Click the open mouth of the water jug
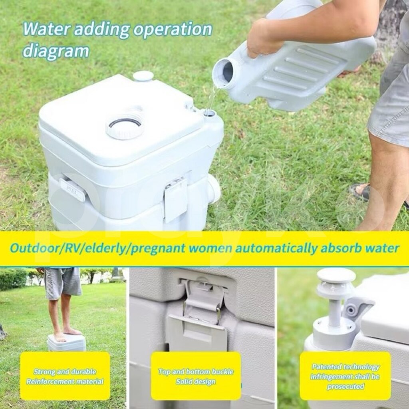[223, 72]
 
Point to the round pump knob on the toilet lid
[143, 76]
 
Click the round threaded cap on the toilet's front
[125, 127]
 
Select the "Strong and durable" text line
[65, 371]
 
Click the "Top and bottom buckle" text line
[196, 371]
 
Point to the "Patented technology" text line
[345, 367]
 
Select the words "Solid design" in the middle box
[196, 381]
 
